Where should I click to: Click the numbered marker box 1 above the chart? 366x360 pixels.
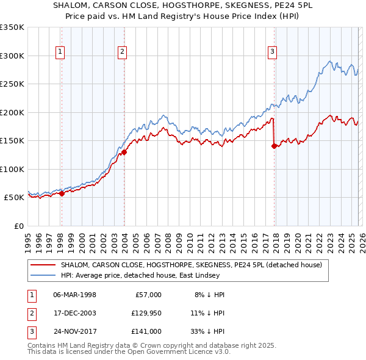coord(61,52)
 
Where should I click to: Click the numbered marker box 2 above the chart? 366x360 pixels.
coord(123,52)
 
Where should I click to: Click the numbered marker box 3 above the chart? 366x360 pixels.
coord(272,52)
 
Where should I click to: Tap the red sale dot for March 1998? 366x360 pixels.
coord(62,193)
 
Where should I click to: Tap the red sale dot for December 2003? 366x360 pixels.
coord(124,152)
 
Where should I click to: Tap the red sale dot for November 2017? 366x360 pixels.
coord(274,146)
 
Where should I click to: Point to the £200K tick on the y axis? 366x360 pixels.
coord(12,112)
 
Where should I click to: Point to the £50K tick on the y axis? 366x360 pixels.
coord(14,198)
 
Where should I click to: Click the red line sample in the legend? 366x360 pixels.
coord(44,265)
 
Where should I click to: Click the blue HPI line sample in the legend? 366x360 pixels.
coord(44,276)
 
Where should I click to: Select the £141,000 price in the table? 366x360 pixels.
coord(146,331)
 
